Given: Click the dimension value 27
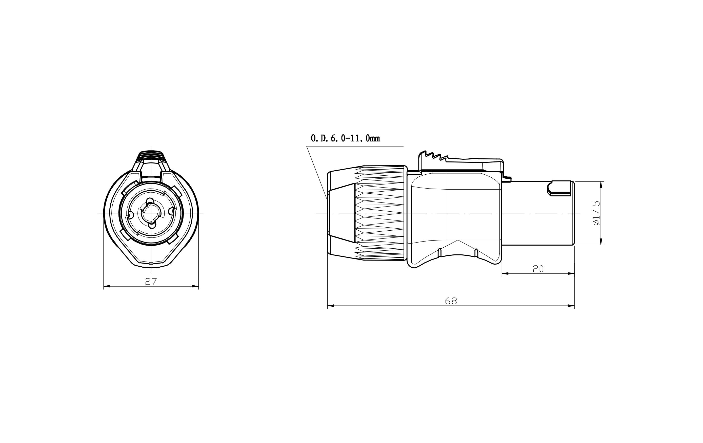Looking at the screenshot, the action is (151, 281).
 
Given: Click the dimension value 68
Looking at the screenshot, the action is (451, 301).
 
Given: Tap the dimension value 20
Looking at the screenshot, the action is (538, 269).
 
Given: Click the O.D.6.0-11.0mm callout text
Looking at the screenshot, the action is (345, 138).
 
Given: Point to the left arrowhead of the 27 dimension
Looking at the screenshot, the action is (107, 286).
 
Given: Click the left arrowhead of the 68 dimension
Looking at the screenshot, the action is (331, 306).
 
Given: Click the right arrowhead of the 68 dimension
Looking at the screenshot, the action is (571, 306).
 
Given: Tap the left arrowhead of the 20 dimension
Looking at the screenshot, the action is (505, 273).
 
